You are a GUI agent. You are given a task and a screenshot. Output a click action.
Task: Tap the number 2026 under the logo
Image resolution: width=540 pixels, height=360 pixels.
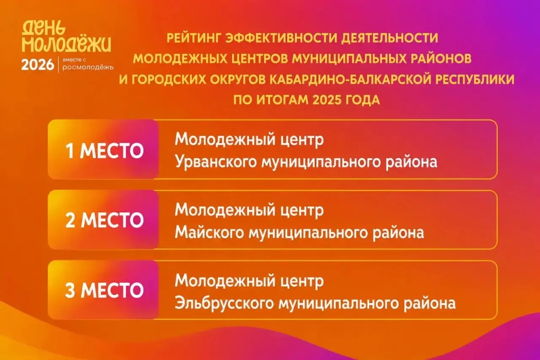(38, 65)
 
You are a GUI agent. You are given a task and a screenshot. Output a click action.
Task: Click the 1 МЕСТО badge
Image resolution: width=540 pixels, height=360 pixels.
(103, 149)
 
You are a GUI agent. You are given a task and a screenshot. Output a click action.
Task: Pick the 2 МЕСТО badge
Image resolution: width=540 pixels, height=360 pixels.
(103, 219)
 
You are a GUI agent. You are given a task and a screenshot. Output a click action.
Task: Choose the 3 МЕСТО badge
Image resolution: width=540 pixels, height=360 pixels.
(103, 290)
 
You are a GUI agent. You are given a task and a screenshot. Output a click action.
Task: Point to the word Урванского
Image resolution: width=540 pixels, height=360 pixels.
(216, 162)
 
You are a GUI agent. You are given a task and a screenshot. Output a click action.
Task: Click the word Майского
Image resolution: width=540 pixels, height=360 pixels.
(209, 232)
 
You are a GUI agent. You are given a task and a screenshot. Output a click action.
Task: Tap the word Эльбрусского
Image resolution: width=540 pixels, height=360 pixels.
(224, 303)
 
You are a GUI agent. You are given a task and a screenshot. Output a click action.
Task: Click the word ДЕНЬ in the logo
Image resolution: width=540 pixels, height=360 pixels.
(43, 27)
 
